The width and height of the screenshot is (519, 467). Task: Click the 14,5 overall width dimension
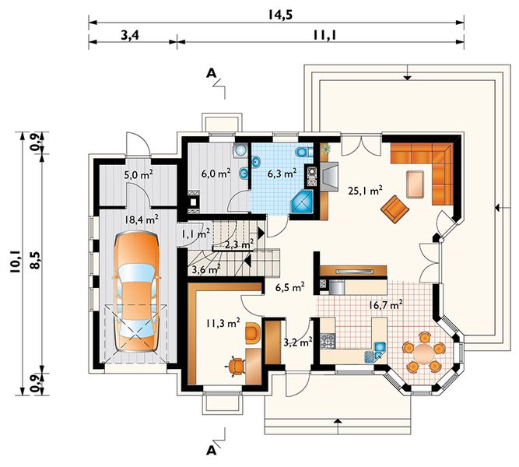pyautogui.click(x=280, y=16)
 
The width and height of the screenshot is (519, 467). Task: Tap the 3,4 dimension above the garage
pyautogui.click(x=129, y=35)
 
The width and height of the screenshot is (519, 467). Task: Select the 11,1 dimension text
pyautogui.click(x=324, y=35)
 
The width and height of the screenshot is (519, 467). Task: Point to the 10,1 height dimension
pyautogui.click(x=15, y=262)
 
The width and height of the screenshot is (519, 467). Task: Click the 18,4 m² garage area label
pyautogui.click(x=142, y=219)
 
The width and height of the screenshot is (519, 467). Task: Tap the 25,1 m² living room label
pyautogui.click(x=366, y=191)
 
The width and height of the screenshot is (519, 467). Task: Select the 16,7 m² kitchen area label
pyautogui.click(x=386, y=304)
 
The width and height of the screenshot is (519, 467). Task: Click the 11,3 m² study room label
pyautogui.click(x=223, y=323)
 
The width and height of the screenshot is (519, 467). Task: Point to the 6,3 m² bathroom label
pyautogui.click(x=282, y=173)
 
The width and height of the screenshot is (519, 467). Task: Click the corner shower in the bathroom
pyautogui.click(x=302, y=202)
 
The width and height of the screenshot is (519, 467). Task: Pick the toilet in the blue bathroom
pyautogui.click(x=304, y=153)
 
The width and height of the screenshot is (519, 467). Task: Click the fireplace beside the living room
pyautogui.click(x=328, y=177)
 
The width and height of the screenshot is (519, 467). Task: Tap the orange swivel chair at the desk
pyautogui.click(x=235, y=366)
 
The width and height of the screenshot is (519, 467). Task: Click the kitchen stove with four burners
pyautogui.click(x=328, y=341)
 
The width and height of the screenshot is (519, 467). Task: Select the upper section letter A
pyautogui.click(x=211, y=73)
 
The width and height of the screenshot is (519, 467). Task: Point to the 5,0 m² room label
pyautogui.click(x=139, y=174)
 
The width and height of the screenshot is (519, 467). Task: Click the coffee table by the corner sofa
pyautogui.click(x=416, y=184)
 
